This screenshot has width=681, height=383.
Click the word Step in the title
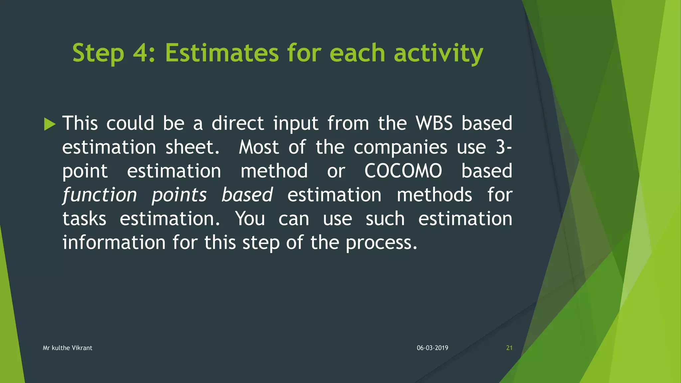(98, 53)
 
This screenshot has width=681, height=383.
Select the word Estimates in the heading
(222, 53)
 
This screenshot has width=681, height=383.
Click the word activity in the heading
(438, 53)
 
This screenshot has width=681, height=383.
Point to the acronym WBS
(434, 123)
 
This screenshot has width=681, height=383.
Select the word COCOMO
(403, 171)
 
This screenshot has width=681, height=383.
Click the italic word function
(99, 195)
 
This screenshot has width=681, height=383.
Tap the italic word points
(179, 195)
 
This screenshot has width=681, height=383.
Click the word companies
(400, 147)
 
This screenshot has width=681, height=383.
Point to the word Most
(259, 147)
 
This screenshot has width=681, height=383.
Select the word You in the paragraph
(250, 219)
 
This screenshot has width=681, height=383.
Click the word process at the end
(381, 243)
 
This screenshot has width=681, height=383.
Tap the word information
(114, 243)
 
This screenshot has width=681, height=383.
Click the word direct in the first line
(238, 123)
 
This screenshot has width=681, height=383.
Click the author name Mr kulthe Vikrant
(68, 348)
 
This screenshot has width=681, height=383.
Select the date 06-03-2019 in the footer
(432, 348)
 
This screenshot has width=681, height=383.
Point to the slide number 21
(509, 348)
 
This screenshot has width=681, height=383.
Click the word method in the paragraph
(274, 171)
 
